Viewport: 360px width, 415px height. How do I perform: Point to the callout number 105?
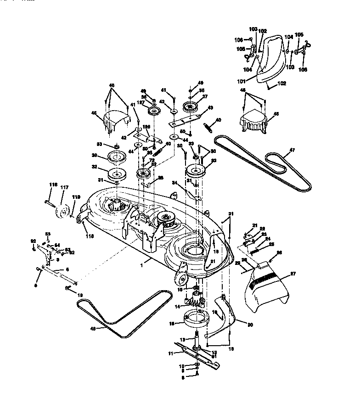[x=299, y=34]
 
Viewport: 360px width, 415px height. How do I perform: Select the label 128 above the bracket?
[x=146, y=127]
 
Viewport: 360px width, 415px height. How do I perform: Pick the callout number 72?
[x=152, y=160]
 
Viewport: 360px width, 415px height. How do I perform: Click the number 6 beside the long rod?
[x=67, y=269]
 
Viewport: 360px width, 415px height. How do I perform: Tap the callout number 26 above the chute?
[x=279, y=252]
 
